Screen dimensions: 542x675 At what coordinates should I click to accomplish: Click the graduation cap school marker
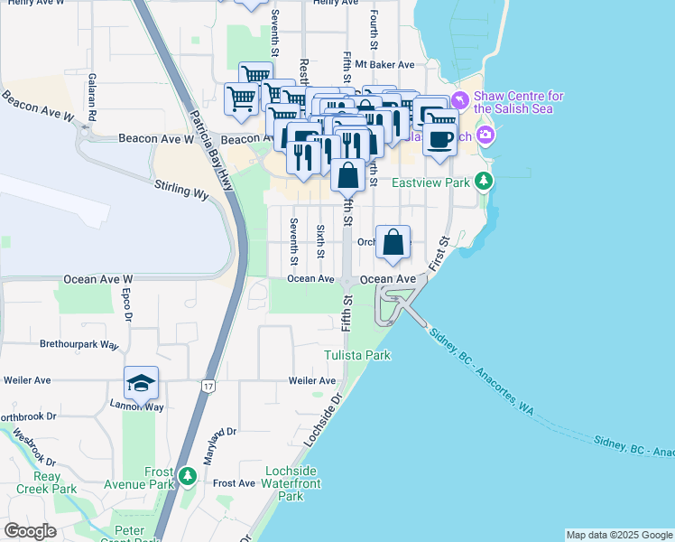[140, 384]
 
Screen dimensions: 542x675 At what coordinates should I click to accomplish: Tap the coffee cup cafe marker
[440, 139]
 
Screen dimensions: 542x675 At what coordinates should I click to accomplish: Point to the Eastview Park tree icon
[485, 182]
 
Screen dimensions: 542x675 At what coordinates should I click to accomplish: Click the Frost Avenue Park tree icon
[187, 475]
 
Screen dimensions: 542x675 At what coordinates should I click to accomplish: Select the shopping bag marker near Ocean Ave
[393, 243]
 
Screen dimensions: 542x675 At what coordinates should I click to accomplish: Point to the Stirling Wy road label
[180, 191]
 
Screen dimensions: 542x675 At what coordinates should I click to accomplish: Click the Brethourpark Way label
[79, 345]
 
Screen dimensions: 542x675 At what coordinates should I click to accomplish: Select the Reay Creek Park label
[43, 482]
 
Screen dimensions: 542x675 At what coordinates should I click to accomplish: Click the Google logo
[30, 531]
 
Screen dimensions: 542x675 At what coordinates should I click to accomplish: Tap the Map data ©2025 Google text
[618, 535]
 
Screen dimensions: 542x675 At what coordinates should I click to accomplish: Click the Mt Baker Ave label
[384, 65]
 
